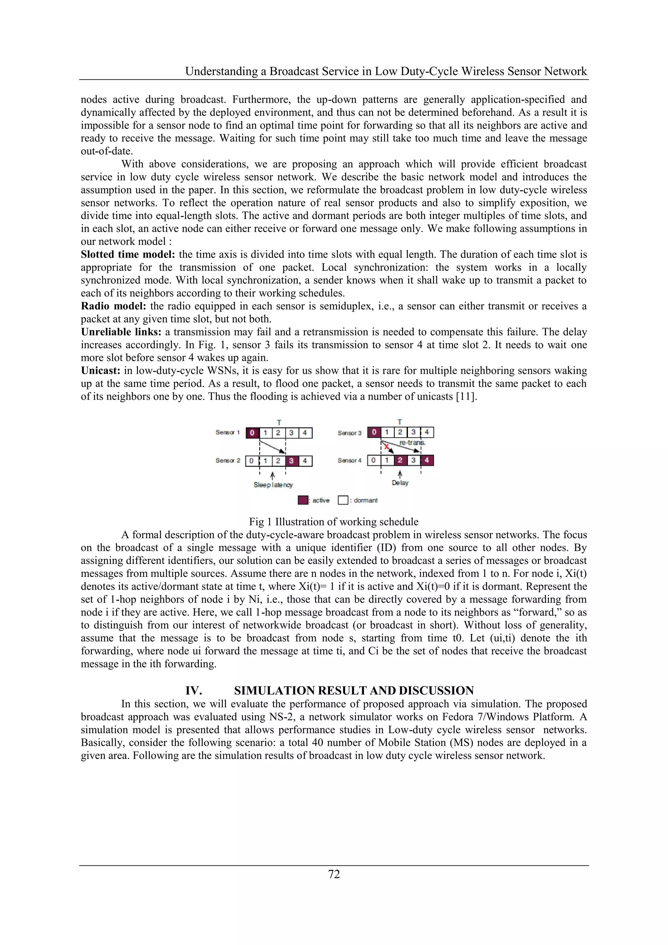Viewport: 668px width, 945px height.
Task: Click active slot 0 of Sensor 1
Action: [252, 433]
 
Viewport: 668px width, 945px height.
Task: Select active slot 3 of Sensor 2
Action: [291, 461]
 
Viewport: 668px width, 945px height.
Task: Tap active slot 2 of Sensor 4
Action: [400, 460]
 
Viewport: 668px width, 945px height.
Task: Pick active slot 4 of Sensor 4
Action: [427, 460]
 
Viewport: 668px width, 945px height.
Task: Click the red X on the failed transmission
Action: [386, 447]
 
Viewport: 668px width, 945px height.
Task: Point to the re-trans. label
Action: [412, 443]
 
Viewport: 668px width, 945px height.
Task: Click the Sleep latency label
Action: [273, 485]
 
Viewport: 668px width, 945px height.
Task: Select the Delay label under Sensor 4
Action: [400, 483]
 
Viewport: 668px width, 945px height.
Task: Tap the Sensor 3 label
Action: [349, 433]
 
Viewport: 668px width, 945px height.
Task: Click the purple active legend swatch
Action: [302, 500]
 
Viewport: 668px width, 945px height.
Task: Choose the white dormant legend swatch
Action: [342, 500]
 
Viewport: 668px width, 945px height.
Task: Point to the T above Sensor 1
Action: [279, 423]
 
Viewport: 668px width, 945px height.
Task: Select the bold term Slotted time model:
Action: [128, 254]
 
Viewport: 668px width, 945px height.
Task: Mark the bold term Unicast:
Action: [100, 370]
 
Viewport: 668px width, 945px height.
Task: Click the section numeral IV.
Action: [193, 691]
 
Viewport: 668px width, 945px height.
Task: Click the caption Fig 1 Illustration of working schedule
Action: [334, 522]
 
